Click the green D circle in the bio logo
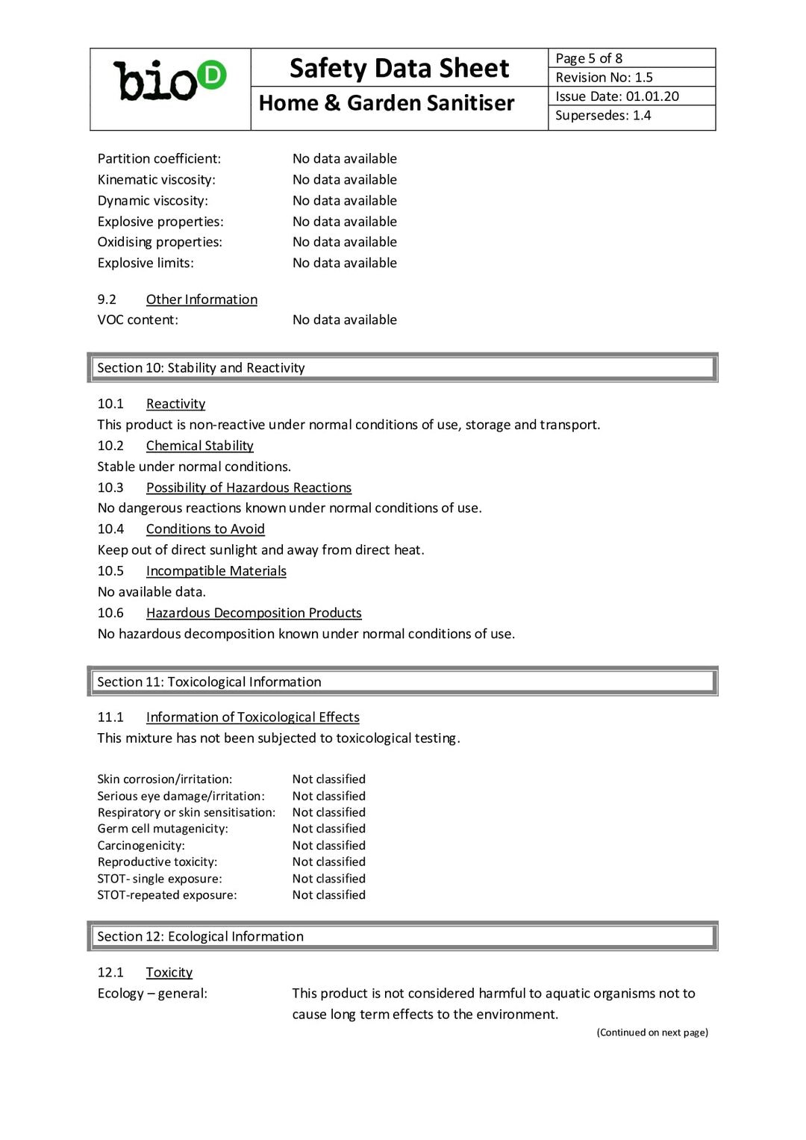212,75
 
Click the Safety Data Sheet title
399,69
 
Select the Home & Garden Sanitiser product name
387,103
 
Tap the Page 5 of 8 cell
589,58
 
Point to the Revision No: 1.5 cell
604,77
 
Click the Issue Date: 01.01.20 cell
617,96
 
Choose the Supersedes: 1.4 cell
603,116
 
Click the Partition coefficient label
159,158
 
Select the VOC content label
137,320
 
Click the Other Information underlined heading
201,299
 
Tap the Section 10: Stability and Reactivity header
201,368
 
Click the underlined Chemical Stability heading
199,446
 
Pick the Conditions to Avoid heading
205,529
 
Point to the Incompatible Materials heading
216,571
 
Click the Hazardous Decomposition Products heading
254,613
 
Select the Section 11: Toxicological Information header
209,682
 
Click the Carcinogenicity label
141,845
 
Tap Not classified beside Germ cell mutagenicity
328,829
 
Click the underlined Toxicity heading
169,972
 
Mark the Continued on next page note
652,1032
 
